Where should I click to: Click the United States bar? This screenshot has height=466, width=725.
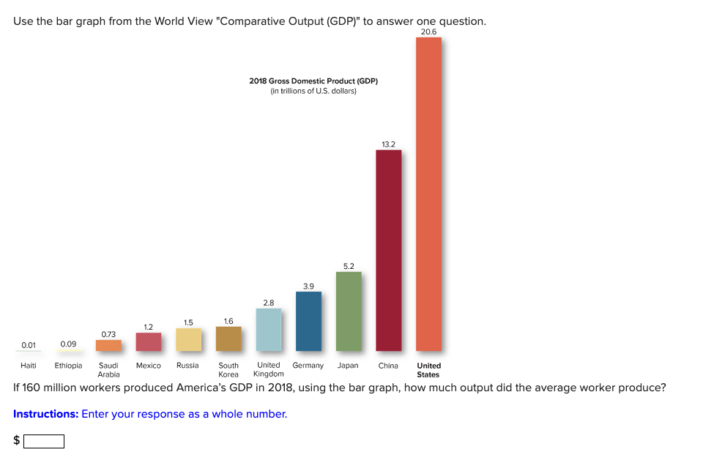(x=428, y=194)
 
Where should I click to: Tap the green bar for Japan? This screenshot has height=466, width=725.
(x=349, y=311)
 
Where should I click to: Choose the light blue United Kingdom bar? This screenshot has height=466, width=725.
(x=268, y=330)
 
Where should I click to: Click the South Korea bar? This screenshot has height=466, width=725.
(x=228, y=339)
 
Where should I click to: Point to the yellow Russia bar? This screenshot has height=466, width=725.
(x=188, y=339)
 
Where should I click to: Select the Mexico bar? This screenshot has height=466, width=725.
(x=148, y=341)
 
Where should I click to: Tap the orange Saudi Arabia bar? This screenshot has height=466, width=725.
(x=108, y=345)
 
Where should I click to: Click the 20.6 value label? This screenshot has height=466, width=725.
(x=428, y=32)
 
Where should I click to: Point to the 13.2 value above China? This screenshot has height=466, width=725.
(x=388, y=144)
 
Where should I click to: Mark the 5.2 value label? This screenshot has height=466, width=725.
(x=349, y=266)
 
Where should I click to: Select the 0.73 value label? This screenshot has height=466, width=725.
(x=108, y=334)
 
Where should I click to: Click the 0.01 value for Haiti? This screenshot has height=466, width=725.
(x=29, y=344)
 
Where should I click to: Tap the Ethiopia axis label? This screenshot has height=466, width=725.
(x=68, y=366)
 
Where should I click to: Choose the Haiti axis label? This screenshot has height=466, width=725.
(x=29, y=366)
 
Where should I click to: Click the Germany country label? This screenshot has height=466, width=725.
(x=308, y=366)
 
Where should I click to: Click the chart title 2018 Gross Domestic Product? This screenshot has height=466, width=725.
(x=313, y=81)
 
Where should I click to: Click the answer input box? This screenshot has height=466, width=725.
(x=44, y=441)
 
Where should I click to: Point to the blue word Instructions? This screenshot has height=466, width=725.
(x=45, y=414)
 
